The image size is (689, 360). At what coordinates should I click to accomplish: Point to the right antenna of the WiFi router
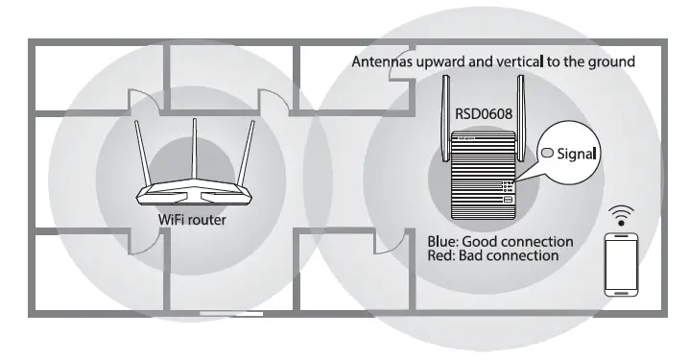(x=249, y=154)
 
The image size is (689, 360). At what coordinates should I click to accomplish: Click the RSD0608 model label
(x=484, y=113)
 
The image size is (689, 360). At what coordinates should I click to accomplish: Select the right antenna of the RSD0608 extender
(x=522, y=110)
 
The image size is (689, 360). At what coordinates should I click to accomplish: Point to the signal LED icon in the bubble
(x=548, y=152)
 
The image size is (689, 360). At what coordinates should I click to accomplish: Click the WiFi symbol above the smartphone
(x=624, y=212)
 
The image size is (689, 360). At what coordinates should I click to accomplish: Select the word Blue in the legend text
(x=444, y=241)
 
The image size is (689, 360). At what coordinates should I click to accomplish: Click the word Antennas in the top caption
(x=388, y=61)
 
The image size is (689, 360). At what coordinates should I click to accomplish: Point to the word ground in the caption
(x=610, y=61)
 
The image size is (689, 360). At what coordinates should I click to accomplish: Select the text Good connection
(x=518, y=241)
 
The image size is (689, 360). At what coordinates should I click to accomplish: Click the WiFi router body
(x=195, y=191)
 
